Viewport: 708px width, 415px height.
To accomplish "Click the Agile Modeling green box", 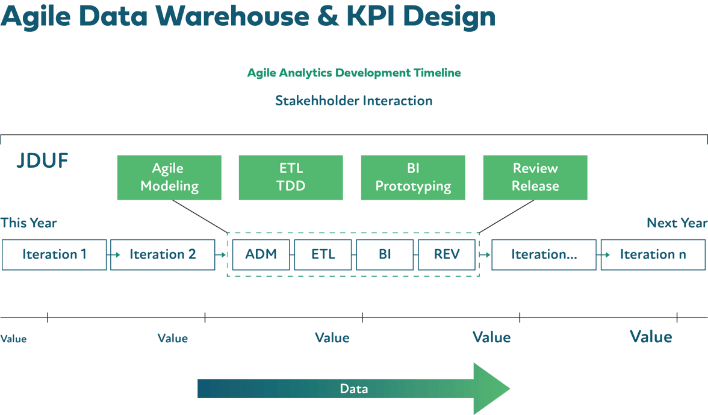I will click(x=169, y=177).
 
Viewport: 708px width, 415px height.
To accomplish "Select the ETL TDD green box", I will click(x=291, y=177).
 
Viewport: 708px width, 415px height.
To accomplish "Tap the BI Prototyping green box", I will click(x=413, y=177).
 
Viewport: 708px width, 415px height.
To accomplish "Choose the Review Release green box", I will click(x=535, y=177).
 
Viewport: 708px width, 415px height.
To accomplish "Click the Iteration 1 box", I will click(x=54, y=254).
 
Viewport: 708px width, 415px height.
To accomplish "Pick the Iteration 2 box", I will click(x=163, y=254).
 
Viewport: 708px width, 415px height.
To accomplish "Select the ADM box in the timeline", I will click(x=261, y=254).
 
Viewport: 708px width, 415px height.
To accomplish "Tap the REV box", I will click(x=446, y=254).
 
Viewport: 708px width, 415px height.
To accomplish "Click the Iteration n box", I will click(x=653, y=254).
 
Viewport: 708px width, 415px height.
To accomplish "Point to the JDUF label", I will click(x=42, y=161).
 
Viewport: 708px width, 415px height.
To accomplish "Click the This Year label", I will click(x=28, y=223).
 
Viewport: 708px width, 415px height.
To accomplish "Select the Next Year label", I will click(x=677, y=223).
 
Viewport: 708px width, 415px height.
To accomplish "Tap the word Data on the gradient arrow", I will click(x=353, y=389).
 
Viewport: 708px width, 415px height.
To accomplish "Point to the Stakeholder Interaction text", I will click(x=354, y=100).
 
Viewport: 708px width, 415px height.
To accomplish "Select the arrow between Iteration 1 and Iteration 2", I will click(x=109, y=254).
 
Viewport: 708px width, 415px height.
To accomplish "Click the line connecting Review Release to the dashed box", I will click(x=507, y=216).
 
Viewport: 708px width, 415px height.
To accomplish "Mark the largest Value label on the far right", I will click(x=651, y=336).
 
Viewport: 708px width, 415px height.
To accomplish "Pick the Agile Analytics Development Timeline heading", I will click(x=354, y=73).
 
